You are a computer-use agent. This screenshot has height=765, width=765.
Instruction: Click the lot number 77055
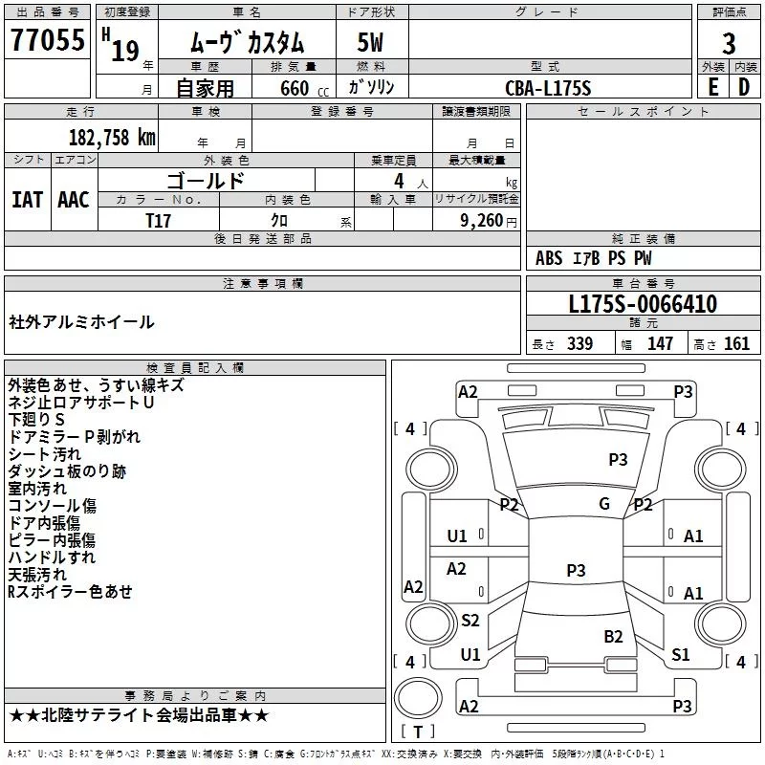(x=48, y=40)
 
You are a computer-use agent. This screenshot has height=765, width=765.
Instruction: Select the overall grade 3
(x=729, y=44)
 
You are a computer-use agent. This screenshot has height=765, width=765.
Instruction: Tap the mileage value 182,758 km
(x=112, y=137)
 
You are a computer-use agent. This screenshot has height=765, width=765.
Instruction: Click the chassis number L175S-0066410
(x=643, y=304)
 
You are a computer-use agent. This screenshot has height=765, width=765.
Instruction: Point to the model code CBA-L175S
(x=548, y=88)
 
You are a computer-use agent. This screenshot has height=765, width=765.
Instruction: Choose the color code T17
(x=158, y=221)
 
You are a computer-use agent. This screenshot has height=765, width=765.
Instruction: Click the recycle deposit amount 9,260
(x=482, y=221)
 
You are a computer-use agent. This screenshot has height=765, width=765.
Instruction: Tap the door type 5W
(x=370, y=42)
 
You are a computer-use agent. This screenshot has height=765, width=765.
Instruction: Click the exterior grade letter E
(x=713, y=87)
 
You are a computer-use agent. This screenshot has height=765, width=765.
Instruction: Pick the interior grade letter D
(x=744, y=87)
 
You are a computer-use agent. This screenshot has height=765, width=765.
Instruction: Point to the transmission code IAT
(x=28, y=200)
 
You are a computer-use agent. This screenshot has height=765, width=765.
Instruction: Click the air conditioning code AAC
(x=74, y=200)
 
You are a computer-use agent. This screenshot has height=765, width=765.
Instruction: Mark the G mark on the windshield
(x=604, y=504)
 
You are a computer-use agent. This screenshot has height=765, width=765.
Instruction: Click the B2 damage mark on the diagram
(x=613, y=637)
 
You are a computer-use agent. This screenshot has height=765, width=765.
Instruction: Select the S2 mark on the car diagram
(x=470, y=620)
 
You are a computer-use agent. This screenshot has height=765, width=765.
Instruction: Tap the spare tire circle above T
(x=418, y=698)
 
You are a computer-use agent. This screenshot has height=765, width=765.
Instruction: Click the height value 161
(x=736, y=343)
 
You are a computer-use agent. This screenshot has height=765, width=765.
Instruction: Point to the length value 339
(x=580, y=343)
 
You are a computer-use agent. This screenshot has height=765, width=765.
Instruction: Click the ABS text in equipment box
(x=549, y=258)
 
